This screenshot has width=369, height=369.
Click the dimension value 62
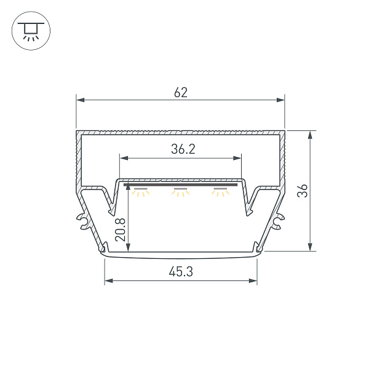point(181,92)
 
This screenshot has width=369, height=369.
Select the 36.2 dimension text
point(183,149)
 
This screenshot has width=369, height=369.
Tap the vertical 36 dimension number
point(303,191)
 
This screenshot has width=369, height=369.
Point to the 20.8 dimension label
point(121,229)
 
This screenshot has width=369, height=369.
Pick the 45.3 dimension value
point(181,272)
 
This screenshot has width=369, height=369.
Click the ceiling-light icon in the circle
point(31,31)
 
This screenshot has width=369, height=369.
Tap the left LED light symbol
point(141,192)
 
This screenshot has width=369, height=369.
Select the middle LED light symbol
point(180,192)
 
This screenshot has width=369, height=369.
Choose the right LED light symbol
point(220,192)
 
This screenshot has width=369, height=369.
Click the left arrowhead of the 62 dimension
point(80,100)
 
